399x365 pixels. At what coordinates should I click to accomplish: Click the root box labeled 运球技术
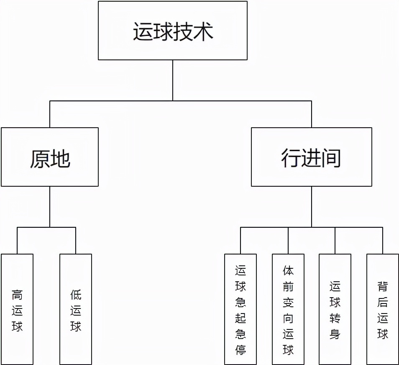(x=172, y=31)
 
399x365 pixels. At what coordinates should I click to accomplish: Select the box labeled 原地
(x=50, y=157)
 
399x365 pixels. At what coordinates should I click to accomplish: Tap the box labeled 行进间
(x=311, y=157)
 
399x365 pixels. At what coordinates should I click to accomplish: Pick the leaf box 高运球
(x=17, y=309)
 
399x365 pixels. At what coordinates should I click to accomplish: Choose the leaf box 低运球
(x=76, y=309)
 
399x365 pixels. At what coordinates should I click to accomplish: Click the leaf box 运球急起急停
(x=240, y=309)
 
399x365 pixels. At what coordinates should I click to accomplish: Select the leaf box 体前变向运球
(x=288, y=309)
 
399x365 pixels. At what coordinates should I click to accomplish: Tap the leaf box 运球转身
(x=335, y=309)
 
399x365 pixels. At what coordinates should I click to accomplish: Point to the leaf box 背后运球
(x=383, y=309)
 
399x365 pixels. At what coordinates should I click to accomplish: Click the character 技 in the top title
(x=183, y=32)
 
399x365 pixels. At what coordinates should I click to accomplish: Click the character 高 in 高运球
(x=17, y=295)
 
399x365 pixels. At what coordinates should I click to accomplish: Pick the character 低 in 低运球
(x=76, y=295)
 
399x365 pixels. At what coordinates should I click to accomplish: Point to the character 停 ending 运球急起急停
(x=240, y=350)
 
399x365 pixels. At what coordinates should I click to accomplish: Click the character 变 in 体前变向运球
(x=288, y=303)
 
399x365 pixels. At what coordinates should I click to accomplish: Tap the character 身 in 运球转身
(x=335, y=334)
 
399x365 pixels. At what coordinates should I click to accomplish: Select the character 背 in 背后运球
(x=383, y=287)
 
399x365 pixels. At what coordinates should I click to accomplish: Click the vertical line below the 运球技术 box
(x=172, y=80)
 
